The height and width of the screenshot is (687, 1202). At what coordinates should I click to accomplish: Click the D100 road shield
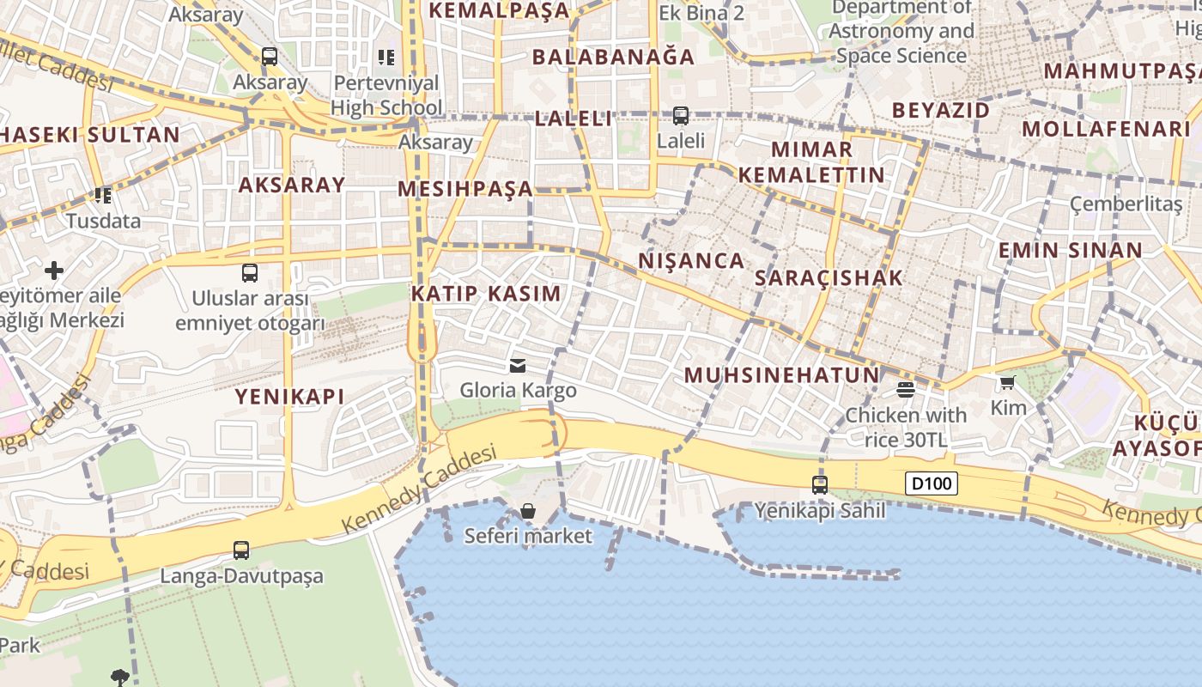pos(932,483)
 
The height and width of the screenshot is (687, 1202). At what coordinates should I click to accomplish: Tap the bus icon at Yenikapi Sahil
pos(820,484)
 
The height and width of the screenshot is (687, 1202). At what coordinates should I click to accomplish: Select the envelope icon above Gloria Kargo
pos(518,366)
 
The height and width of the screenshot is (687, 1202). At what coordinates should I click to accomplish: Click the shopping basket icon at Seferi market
pos(528,512)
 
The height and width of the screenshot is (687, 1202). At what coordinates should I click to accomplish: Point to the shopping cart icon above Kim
pos(1007,382)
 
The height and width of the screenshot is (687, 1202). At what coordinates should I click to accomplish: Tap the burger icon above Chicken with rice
pos(905,390)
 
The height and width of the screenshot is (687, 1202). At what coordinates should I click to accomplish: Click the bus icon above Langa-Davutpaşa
pos(241,550)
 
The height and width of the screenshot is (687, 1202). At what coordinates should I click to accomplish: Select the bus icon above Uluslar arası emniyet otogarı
pos(250,273)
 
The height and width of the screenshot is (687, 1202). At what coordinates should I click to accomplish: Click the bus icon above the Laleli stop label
pos(681,114)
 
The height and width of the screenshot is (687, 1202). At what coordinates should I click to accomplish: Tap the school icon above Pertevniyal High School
pos(386,58)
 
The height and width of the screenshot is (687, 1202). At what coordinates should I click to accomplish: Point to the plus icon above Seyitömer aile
pos(54,271)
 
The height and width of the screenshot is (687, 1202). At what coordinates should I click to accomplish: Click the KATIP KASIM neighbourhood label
pos(486,294)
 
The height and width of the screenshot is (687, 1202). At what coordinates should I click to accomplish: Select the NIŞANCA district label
pos(691,261)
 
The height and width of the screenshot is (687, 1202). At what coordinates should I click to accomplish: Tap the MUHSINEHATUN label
pos(782,375)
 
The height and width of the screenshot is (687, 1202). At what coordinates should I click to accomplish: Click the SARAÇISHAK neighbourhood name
pos(829,277)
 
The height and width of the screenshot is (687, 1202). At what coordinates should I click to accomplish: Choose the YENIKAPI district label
pos(289,396)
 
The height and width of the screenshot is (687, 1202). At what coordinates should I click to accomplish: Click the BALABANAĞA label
pos(613,58)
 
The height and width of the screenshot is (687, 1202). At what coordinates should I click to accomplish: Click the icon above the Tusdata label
pos(104,196)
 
